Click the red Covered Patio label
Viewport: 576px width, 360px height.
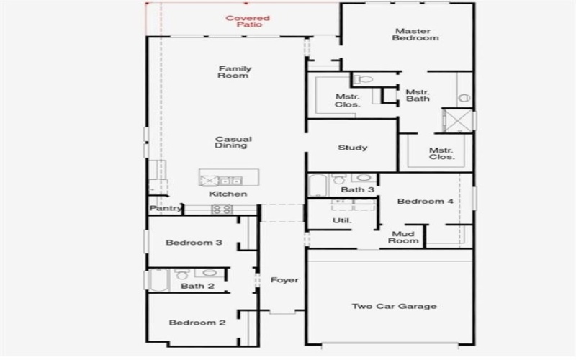[248, 22]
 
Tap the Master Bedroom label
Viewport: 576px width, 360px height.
[415, 35]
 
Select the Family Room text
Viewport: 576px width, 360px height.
[234, 72]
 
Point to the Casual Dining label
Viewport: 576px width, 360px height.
[231, 142]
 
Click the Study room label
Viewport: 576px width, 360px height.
[353, 148]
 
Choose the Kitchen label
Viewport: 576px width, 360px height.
[228, 194]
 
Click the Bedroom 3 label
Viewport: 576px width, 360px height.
[194, 243]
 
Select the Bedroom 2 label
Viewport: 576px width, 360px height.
[197, 323]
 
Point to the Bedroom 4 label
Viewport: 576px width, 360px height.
[426, 202]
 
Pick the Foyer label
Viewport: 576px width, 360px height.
[284, 280]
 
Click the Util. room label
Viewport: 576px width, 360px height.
[341, 220]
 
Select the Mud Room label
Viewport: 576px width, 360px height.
[404, 237]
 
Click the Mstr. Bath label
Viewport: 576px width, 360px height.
[418, 95]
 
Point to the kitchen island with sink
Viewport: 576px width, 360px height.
[220, 179]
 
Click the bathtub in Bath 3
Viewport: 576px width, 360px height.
[318, 185]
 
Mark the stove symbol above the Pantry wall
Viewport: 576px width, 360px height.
[222, 210]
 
